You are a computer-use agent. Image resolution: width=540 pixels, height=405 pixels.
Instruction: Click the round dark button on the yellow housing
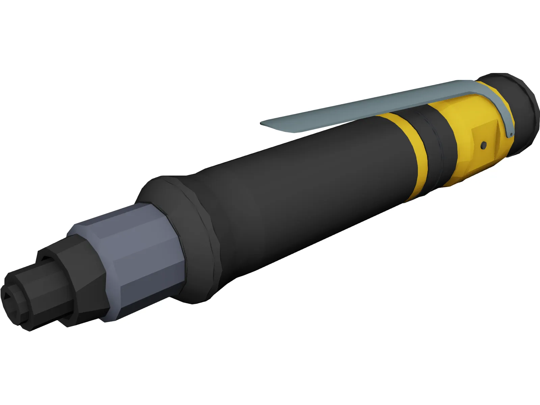point(484,144)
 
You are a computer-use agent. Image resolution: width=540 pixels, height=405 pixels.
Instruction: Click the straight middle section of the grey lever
point(371,105)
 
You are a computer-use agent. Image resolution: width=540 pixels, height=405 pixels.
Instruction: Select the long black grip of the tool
point(304,189)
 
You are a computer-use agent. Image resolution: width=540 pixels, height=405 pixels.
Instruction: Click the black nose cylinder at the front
point(30,294)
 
